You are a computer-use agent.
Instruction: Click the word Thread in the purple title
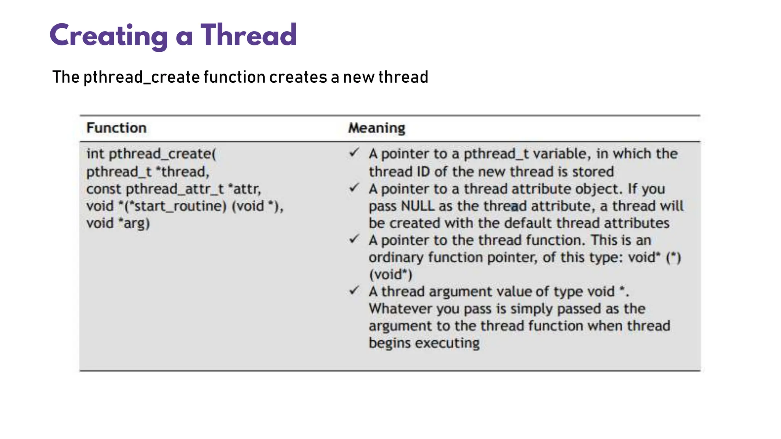coord(249,35)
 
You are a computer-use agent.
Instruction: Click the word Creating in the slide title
coord(109,36)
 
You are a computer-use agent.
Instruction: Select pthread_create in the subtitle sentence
coord(141,77)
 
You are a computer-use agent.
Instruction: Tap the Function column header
coord(116,128)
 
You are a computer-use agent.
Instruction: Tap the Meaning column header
coord(377,128)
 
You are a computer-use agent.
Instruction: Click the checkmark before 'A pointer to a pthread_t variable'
coord(354,153)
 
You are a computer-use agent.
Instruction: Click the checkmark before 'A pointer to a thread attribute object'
coord(354,188)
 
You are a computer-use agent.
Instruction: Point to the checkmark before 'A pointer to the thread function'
coord(354,239)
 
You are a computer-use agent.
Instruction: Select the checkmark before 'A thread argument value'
coord(354,291)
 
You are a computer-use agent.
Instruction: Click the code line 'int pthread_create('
coord(151,154)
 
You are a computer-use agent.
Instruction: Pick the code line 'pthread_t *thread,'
coord(148,171)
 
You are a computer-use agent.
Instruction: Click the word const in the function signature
coord(104,189)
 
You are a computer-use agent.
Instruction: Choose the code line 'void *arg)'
coord(118,223)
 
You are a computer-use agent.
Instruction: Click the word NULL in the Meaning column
coord(418,206)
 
